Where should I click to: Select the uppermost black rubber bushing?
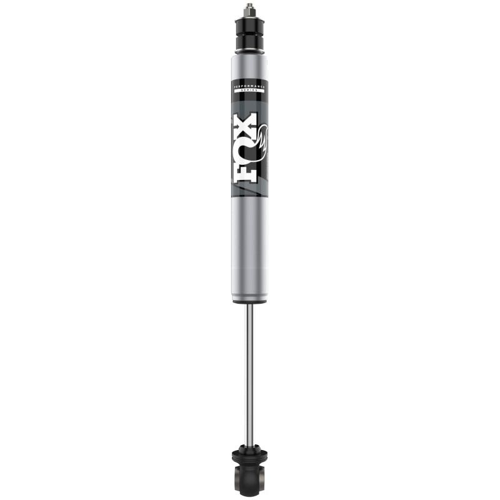click(249, 26)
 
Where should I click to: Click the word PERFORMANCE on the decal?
click(249, 82)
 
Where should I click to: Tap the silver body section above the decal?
click(249, 66)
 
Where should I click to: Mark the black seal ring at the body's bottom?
click(249, 301)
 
